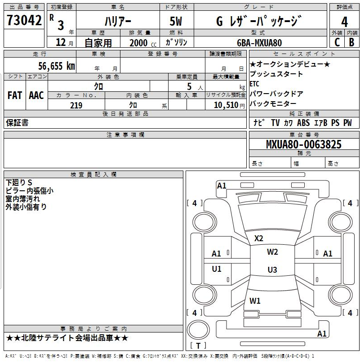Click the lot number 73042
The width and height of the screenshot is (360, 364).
[24, 20]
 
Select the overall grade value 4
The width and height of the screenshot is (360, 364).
[344, 22]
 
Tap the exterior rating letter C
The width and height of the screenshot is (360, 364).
[337, 42]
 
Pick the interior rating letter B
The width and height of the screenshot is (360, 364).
[351, 42]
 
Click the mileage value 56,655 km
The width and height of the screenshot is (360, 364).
[57, 66]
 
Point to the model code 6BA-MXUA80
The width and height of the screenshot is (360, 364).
[259, 43]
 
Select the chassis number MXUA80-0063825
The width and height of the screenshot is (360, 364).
[304, 144]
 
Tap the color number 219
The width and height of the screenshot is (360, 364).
[76, 105]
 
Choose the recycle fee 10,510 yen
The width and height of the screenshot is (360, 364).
[229, 105]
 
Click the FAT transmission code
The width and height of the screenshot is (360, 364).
[15, 95]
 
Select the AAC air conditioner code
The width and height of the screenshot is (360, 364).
[36, 95]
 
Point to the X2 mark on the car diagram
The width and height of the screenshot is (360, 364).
[258, 238]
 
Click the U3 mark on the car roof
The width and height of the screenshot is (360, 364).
[272, 270]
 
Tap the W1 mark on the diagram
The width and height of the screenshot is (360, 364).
[255, 301]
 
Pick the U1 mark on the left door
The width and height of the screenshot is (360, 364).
[217, 269]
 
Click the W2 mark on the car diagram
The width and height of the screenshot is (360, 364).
[272, 252]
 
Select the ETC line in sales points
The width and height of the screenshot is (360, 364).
[254, 84]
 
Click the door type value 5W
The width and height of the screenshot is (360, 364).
[176, 21]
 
